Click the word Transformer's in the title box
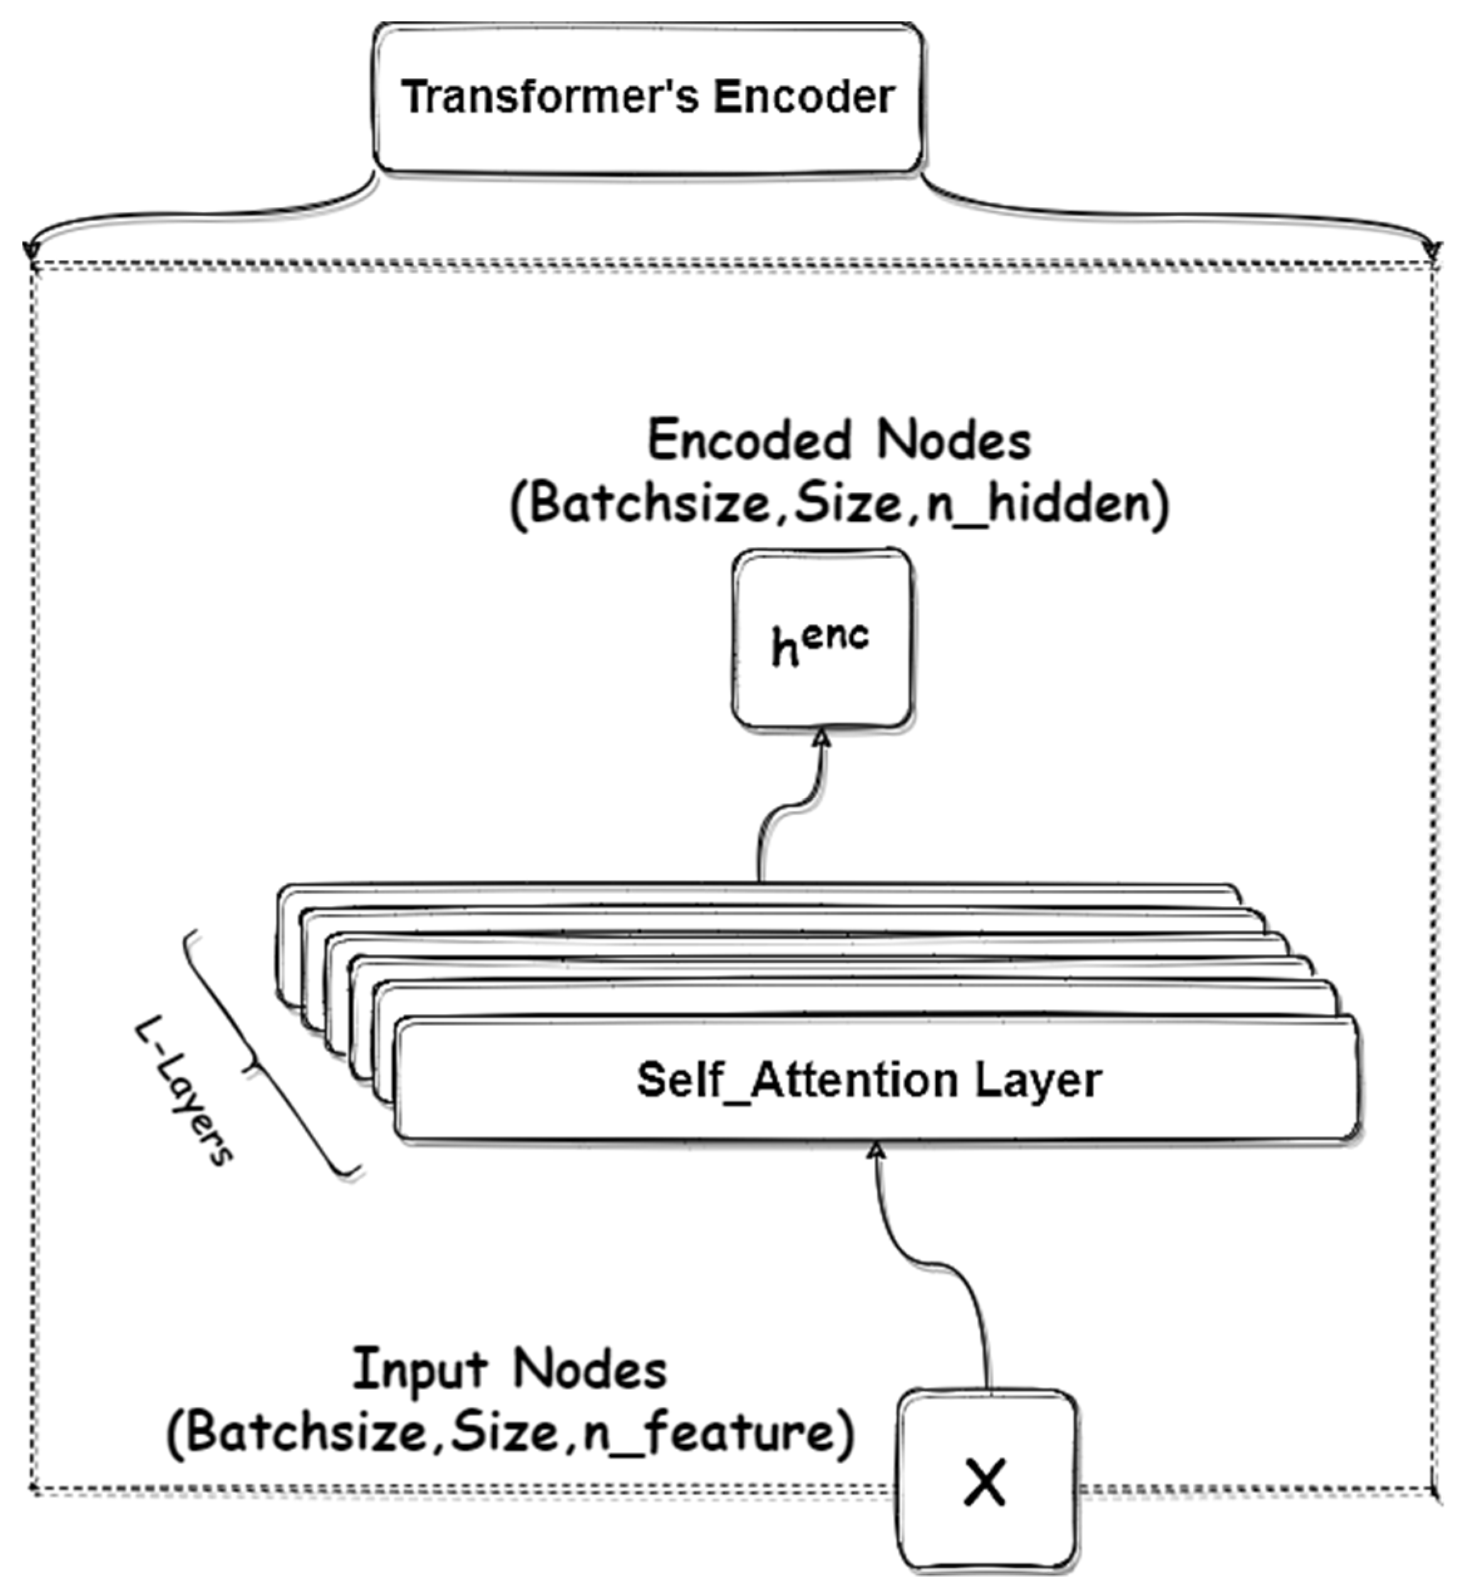pyautogui.click(x=550, y=97)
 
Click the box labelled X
pyautogui.click(x=986, y=1483)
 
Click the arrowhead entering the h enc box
pyautogui.click(x=823, y=737)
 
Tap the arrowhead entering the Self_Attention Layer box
pyautogui.click(x=876, y=1149)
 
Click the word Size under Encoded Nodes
pyautogui.click(x=847, y=503)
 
